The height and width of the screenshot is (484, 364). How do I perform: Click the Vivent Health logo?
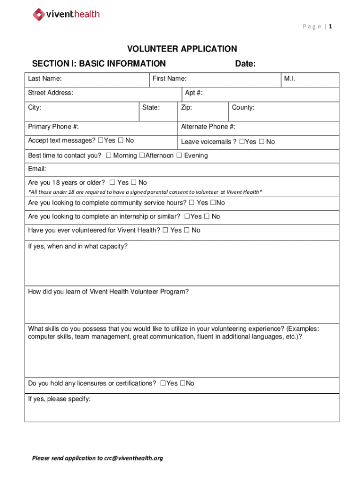66,14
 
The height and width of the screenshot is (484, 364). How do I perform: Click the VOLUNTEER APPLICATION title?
182,49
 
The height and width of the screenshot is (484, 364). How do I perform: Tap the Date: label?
245,64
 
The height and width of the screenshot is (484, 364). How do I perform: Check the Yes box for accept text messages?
100,140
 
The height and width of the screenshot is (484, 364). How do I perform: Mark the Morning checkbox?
109,156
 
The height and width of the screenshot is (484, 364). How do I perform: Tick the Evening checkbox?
179,156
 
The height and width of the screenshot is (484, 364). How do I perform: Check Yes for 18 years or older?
112,182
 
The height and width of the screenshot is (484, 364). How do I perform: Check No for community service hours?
213,203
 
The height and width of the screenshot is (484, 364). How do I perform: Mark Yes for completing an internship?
187,216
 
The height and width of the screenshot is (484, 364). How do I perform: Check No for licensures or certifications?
183,383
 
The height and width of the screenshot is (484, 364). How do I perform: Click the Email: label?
37,169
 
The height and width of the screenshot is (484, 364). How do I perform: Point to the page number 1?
330,26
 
